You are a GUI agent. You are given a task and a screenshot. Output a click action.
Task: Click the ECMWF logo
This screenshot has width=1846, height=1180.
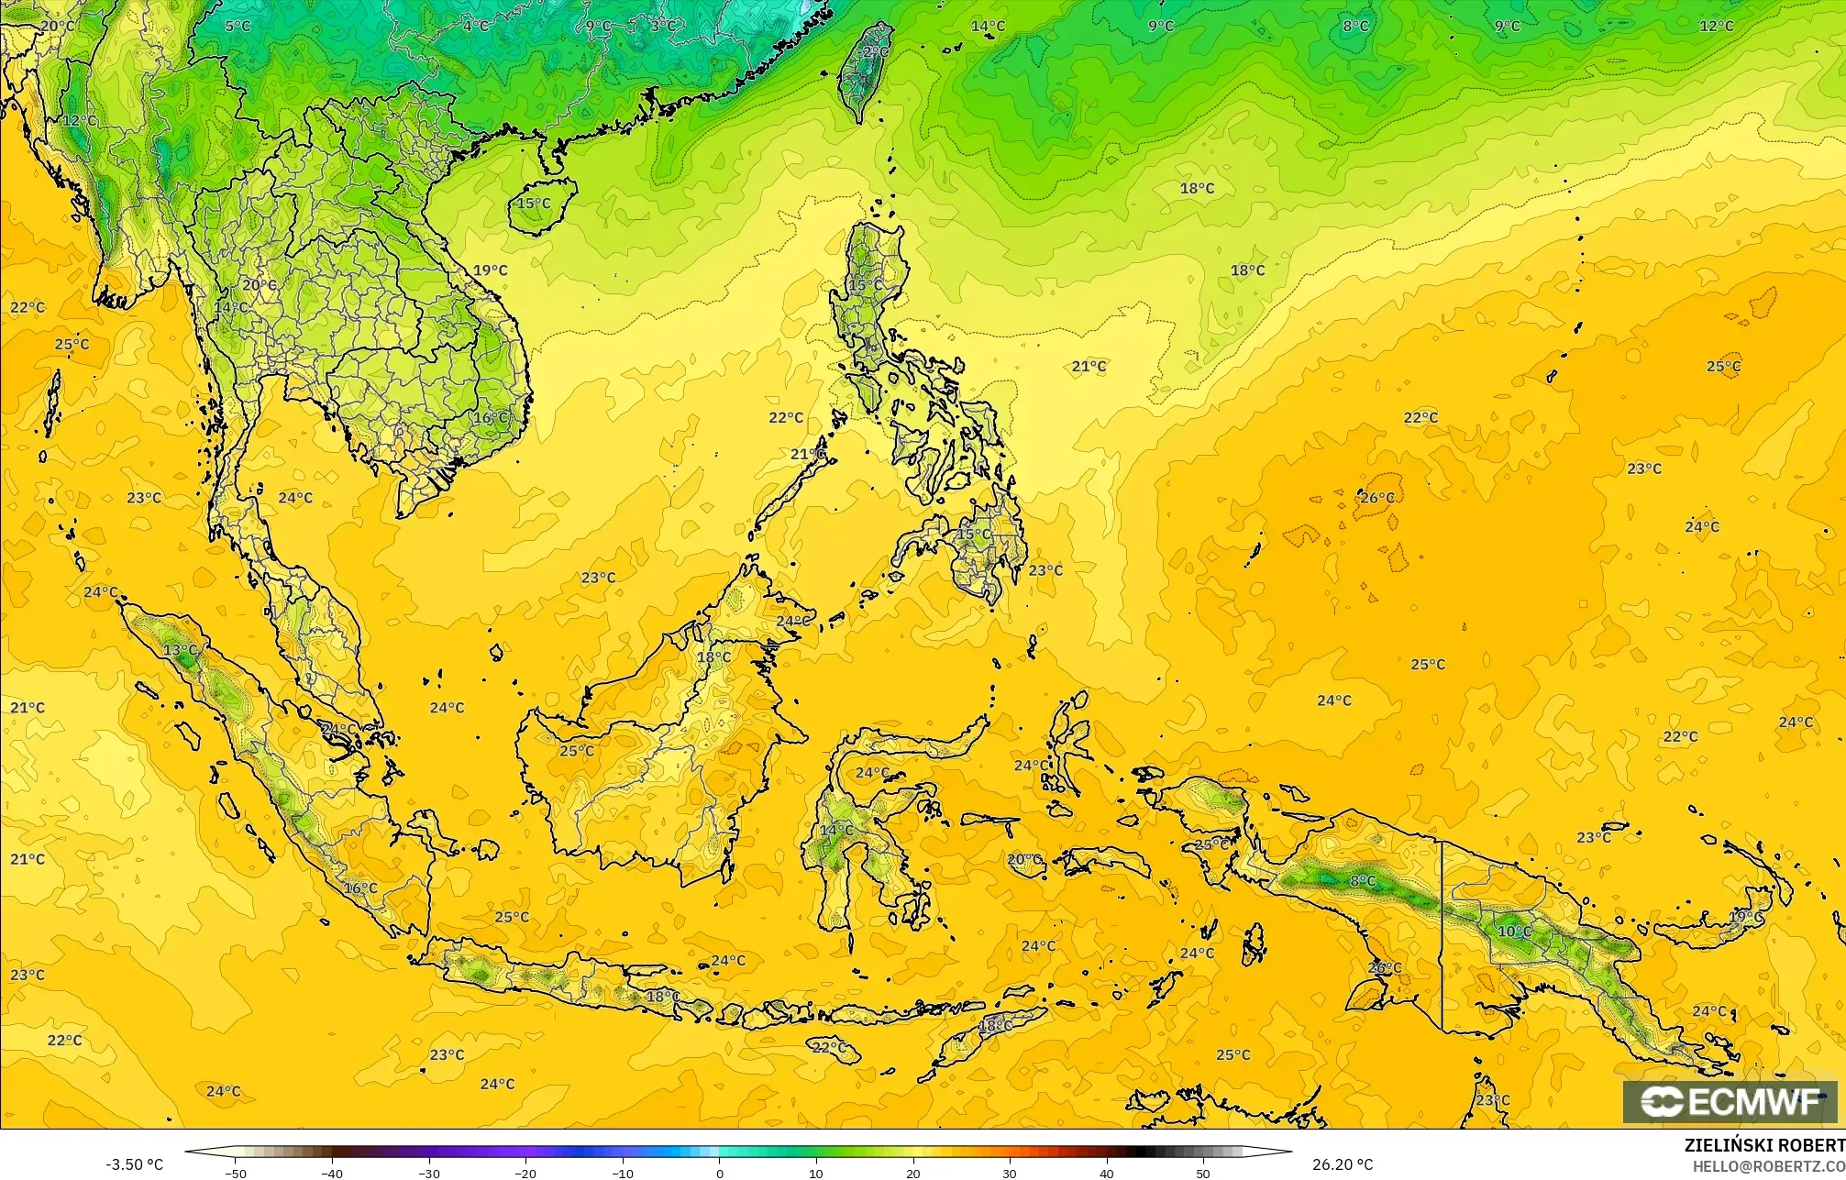[x=1730, y=1102]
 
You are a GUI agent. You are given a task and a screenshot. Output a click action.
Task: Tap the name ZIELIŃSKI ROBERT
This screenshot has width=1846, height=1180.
[x=1764, y=1145]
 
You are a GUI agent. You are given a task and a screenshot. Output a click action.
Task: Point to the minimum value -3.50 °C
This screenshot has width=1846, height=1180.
[x=134, y=1164]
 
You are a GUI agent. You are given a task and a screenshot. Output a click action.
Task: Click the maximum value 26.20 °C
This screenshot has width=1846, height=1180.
[x=1343, y=1164]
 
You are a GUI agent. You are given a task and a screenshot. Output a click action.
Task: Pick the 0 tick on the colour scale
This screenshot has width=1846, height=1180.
[x=720, y=1173]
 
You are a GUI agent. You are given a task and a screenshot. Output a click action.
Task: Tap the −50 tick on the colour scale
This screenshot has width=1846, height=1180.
[x=236, y=1173]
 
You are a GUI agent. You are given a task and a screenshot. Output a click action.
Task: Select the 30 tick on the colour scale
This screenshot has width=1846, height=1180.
[x=1010, y=1173]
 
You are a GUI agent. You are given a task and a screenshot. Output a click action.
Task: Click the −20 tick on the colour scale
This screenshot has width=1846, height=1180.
[x=525, y=1173]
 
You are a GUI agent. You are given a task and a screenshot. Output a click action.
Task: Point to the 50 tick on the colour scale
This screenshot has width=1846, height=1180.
[x=1203, y=1173]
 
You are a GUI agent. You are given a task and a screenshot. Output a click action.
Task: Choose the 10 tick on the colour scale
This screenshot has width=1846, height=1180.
[x=816, y=1173]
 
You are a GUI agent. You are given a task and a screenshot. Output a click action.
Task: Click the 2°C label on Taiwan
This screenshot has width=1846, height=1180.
[x=876, y=52]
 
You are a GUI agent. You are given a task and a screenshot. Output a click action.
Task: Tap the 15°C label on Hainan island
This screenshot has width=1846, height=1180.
[x=534, y=204]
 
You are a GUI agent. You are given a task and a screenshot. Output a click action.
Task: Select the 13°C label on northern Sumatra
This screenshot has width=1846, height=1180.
[x=180, y=650]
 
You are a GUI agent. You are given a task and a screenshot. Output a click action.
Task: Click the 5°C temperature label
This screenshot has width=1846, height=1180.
[x=238, y=26]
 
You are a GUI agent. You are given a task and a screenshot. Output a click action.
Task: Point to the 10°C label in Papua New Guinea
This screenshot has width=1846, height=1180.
[x=1514, y=932]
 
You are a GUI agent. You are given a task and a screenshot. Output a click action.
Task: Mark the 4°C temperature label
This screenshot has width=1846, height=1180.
[x=476, y=26]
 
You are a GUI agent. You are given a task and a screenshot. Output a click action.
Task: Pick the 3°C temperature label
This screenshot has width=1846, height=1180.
[x=663, y=26]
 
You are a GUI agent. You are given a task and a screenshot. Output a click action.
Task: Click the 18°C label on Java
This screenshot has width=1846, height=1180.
[x=663, y=997]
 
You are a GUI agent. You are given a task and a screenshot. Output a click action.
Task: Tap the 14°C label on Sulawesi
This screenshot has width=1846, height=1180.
[x=835, y=831]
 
